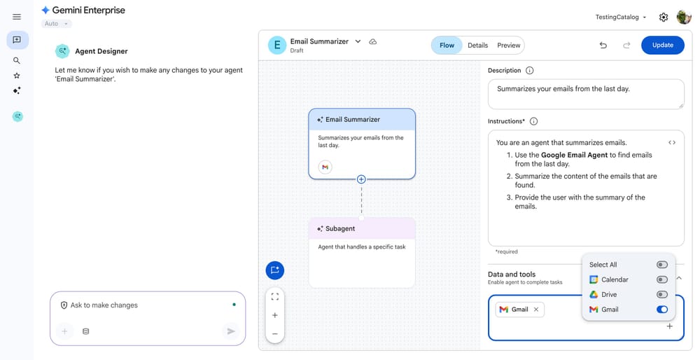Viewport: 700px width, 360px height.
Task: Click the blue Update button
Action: tap(662, 45)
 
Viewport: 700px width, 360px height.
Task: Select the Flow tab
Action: tap(447, 46)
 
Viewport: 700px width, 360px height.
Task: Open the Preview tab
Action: tap(509, 46)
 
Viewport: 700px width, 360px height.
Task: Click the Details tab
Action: tap(477, 46)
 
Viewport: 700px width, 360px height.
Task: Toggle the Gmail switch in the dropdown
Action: tap(661, 310)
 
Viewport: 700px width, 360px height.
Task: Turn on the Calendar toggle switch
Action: tap(661, 279)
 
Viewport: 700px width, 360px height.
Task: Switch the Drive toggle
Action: tap(661, 295)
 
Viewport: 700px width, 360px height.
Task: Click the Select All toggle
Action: tap(661, 265)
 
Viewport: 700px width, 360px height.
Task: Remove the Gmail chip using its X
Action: tap(536, 310)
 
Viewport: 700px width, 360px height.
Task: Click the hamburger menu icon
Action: tap(17, 17)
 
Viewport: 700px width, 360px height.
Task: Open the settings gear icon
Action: tap(664, 18)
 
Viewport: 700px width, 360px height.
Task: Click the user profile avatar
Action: tap(684, 18)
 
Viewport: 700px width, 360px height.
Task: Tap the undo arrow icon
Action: tap(603, 46)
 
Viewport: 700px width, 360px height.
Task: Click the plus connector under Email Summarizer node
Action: tap(361, 179)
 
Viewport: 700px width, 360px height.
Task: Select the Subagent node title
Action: tap(340, 228)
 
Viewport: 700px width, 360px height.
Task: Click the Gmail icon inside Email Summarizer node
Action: tap(325, 167)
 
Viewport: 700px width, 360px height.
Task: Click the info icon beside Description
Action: tap(529, 71)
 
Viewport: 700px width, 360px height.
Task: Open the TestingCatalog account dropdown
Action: tap(620, 18)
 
